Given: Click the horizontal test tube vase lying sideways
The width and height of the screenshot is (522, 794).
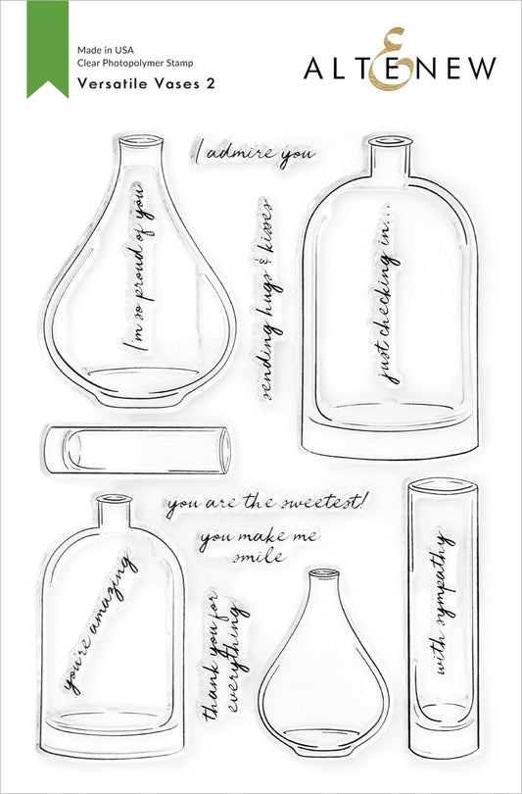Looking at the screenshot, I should click(137, 447).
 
